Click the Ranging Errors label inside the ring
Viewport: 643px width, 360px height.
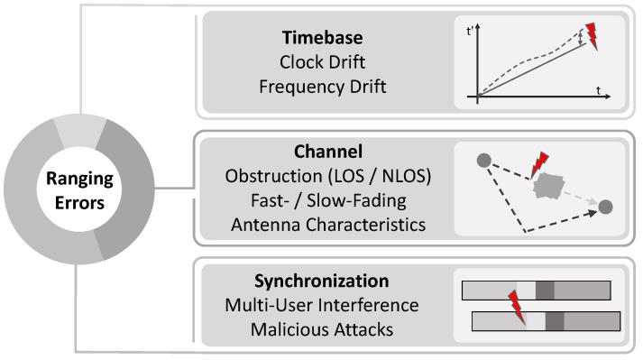(x=60, y=190)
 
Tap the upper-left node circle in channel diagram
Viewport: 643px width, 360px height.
(x=483, y=161)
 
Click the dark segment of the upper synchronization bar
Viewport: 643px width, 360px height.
(x=544, y=290)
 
